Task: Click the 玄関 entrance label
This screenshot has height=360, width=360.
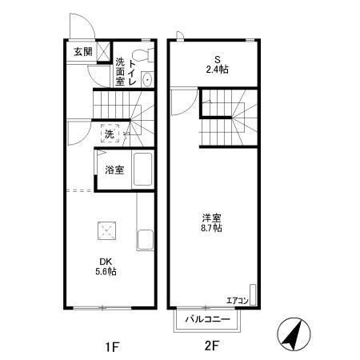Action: point(82,53)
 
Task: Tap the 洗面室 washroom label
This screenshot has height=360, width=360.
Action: point(120,71)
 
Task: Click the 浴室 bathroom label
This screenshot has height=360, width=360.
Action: point(114,170)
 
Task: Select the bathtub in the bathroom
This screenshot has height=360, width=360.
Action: point(142,169)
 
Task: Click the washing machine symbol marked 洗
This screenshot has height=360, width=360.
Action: point(109,132)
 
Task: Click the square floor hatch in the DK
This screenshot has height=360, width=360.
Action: point(106,230)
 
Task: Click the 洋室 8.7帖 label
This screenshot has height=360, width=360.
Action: point(211,222)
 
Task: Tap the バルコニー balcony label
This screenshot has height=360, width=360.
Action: point(208,319)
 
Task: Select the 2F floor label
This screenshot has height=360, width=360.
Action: point(211,346)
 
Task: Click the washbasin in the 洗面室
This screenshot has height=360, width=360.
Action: point(147,78)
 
